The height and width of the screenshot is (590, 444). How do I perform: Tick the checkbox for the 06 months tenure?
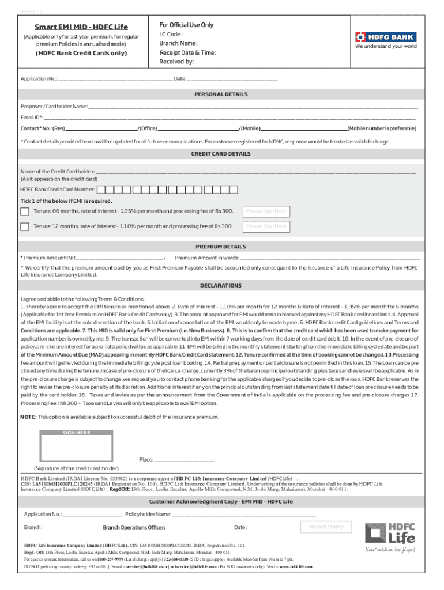coord(25,211)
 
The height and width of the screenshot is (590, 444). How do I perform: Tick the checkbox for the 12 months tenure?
coord(25,226)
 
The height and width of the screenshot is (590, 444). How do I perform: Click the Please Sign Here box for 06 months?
coord(266,211)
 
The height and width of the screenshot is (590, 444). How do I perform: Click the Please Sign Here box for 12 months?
coord(266,226)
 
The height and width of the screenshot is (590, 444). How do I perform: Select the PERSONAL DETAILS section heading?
coord(221,94)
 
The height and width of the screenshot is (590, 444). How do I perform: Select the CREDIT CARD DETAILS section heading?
coord(221,154)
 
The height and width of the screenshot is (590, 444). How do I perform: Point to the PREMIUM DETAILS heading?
coord(221,247)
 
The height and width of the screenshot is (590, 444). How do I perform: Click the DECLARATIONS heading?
coord(221,286)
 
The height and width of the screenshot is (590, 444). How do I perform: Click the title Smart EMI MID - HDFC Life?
coord(81,27)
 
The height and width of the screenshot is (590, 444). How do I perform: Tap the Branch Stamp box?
coord(326,527)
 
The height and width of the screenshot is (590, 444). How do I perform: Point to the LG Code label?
coord(171,35)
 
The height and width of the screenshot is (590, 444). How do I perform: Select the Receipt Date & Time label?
coord(187,52)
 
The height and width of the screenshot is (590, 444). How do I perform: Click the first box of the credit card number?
coord(101,189)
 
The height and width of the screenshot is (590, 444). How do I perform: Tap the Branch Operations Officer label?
coord(134,528)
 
